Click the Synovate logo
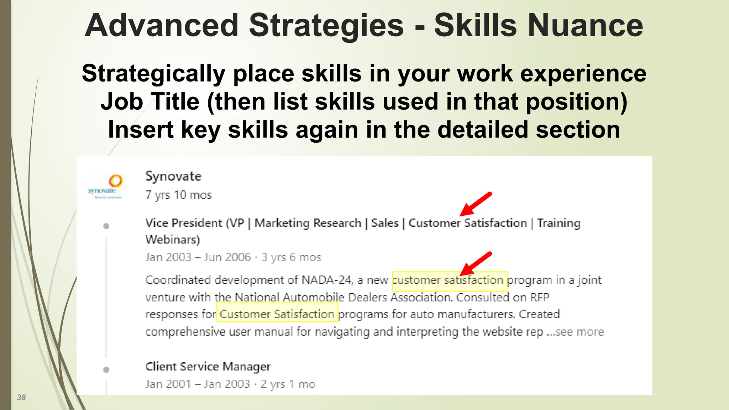[x=106, y=186]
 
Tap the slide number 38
[x=21, y=398]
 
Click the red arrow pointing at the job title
[x=476, y=204]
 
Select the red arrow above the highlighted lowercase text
[x=476, y=264]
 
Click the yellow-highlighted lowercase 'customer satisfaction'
[x=449, y=280]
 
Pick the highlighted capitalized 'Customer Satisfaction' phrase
[x=277, y=314]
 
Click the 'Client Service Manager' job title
[x=208, y=367]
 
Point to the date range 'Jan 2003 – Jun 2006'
[x=198, y=257]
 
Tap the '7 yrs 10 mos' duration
[x=179, y=195]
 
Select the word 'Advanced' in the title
[x=162, y=26]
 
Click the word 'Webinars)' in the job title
[x=173, y=240]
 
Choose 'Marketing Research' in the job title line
[x=308, y=223]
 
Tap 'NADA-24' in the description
[x=326, y=280]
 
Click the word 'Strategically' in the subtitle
[x=153, y=74]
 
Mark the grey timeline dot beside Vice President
[x=106, y=226]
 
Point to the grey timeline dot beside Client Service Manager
[x=106, y=370]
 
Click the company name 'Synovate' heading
[x=173, y=176]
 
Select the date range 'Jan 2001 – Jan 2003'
[x=198, y=384]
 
